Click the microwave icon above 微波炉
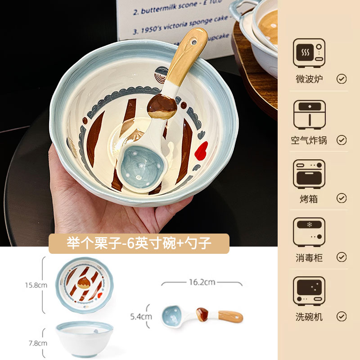[309, 53]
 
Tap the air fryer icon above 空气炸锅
[309, 114]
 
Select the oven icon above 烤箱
[309, 174]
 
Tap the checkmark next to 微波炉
[342, 79]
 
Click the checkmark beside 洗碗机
[342, 317]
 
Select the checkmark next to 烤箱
[342, 198]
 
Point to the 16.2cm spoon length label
[202, 282]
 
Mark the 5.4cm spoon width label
[141, 316]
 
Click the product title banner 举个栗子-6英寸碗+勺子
[139, 243]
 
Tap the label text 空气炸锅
[309, 140]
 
